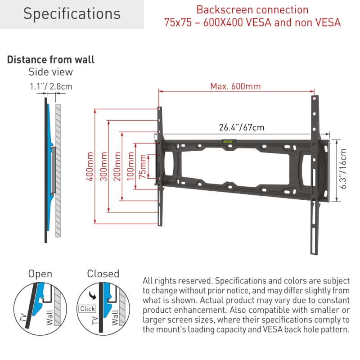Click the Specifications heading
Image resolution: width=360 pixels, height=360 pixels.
pyautogui.click(x=72, y=14)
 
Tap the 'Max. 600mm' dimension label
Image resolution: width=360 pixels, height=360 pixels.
pyautogui.click(x=235, y=86)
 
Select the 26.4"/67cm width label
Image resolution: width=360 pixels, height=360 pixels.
pyautogui.click(x=242, y=127)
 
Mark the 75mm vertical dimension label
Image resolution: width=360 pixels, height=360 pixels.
pyautogui.click(x=143, y=167)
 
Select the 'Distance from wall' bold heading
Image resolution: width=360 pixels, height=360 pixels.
pyautogui.click(x=51, y=60)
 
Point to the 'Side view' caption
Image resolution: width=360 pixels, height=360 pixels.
pyautogui.click(x=50, y=72)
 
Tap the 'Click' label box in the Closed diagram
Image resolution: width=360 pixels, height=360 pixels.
pyautogui.click(x=87, y=309)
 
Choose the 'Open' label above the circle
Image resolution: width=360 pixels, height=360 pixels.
pyautogui.click(x=40, y=274)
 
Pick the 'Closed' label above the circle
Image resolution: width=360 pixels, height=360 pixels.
pyautogui.click(x=103, y=274)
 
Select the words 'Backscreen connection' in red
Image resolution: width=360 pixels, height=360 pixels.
pyautogui.click(x=252, y=10)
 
